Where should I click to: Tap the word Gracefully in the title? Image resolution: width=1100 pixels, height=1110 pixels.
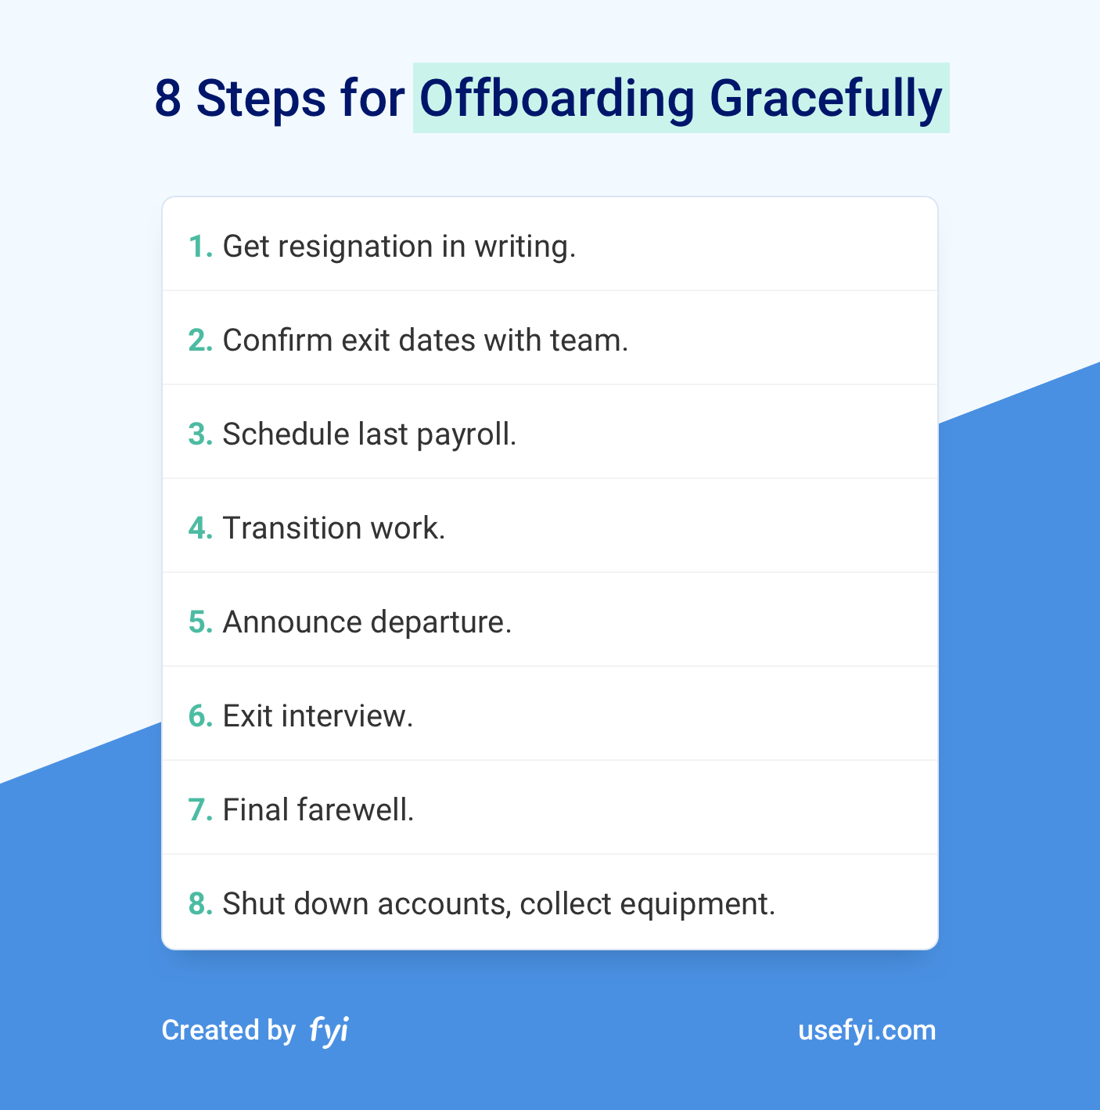[x=826, y=99]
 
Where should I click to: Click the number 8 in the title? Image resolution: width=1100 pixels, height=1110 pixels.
[x=167, y=99]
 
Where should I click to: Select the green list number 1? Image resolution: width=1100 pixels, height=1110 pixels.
[x=200, y=247]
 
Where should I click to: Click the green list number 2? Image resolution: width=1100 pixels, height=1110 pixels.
[x=200, y=341]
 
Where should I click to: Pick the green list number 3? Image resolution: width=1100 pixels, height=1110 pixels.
[x=200, y=434]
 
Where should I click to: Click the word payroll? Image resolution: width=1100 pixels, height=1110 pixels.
[x=466, y=435]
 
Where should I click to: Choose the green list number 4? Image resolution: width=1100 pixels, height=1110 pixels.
[x=200, y=528]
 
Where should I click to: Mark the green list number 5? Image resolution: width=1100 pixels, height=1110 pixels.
[x=200, y=622]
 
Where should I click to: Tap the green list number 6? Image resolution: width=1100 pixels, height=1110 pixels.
[x=200, y=716]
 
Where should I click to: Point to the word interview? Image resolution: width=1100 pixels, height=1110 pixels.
[x=347, y=716]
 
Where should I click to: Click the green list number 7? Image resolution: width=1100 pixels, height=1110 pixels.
[x=200, y=810]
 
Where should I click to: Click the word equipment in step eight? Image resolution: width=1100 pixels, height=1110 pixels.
[x=697, y=905]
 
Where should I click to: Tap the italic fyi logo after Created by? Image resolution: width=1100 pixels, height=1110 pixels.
[x=329, y=1030]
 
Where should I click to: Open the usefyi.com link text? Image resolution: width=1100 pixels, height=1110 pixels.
[x=867, y=1031]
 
